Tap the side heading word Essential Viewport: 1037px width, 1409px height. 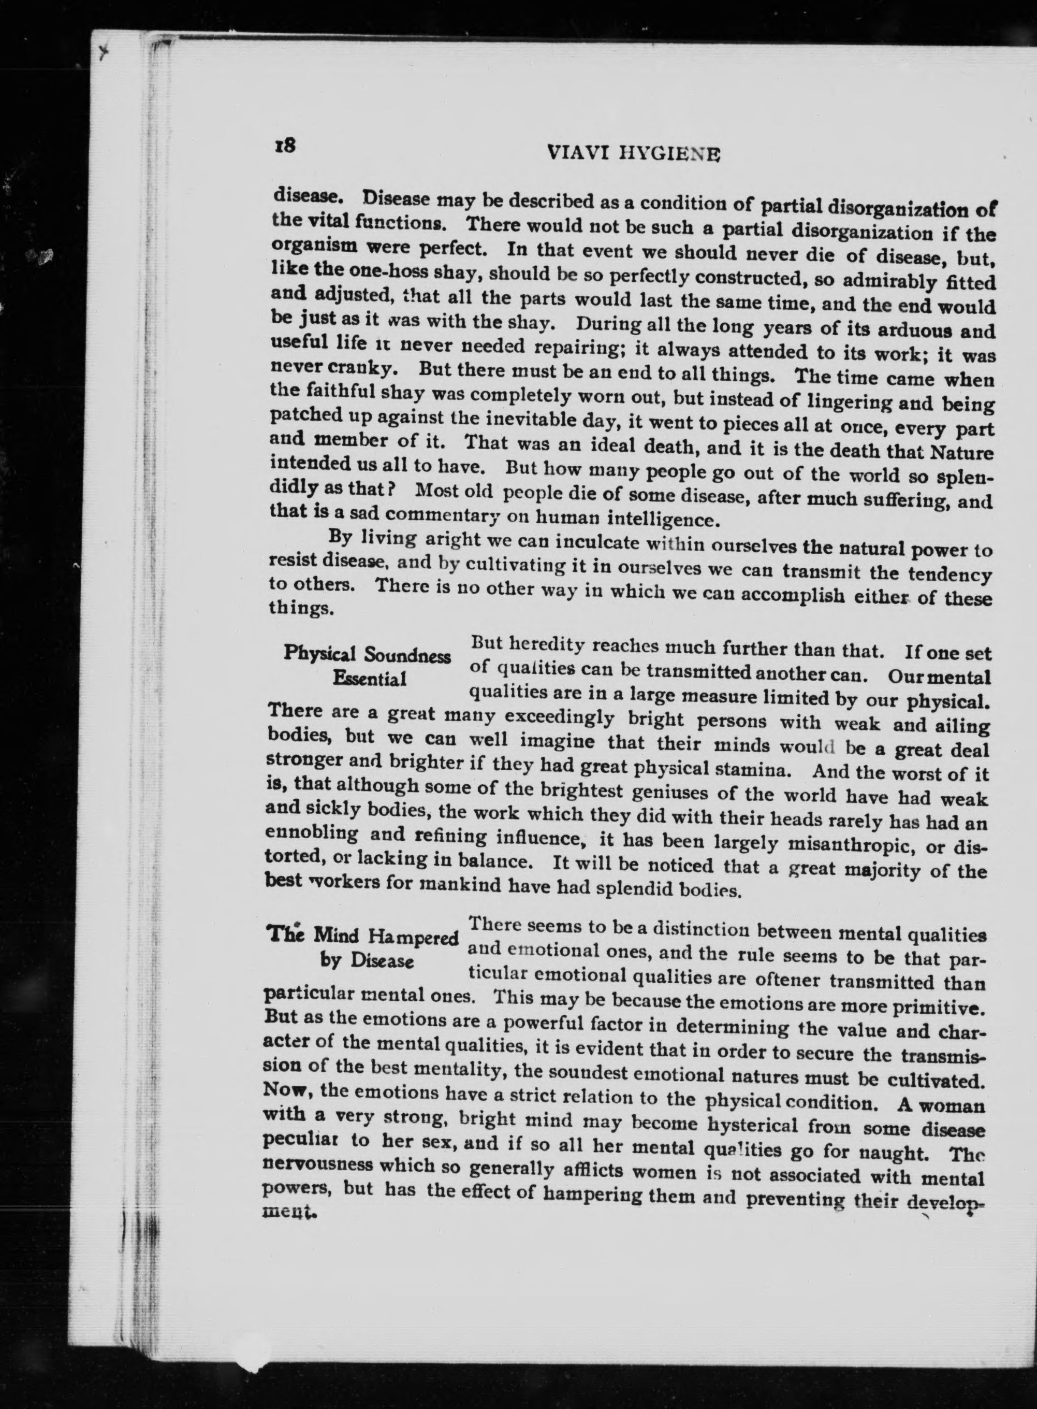370,679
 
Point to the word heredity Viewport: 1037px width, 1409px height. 547,645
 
